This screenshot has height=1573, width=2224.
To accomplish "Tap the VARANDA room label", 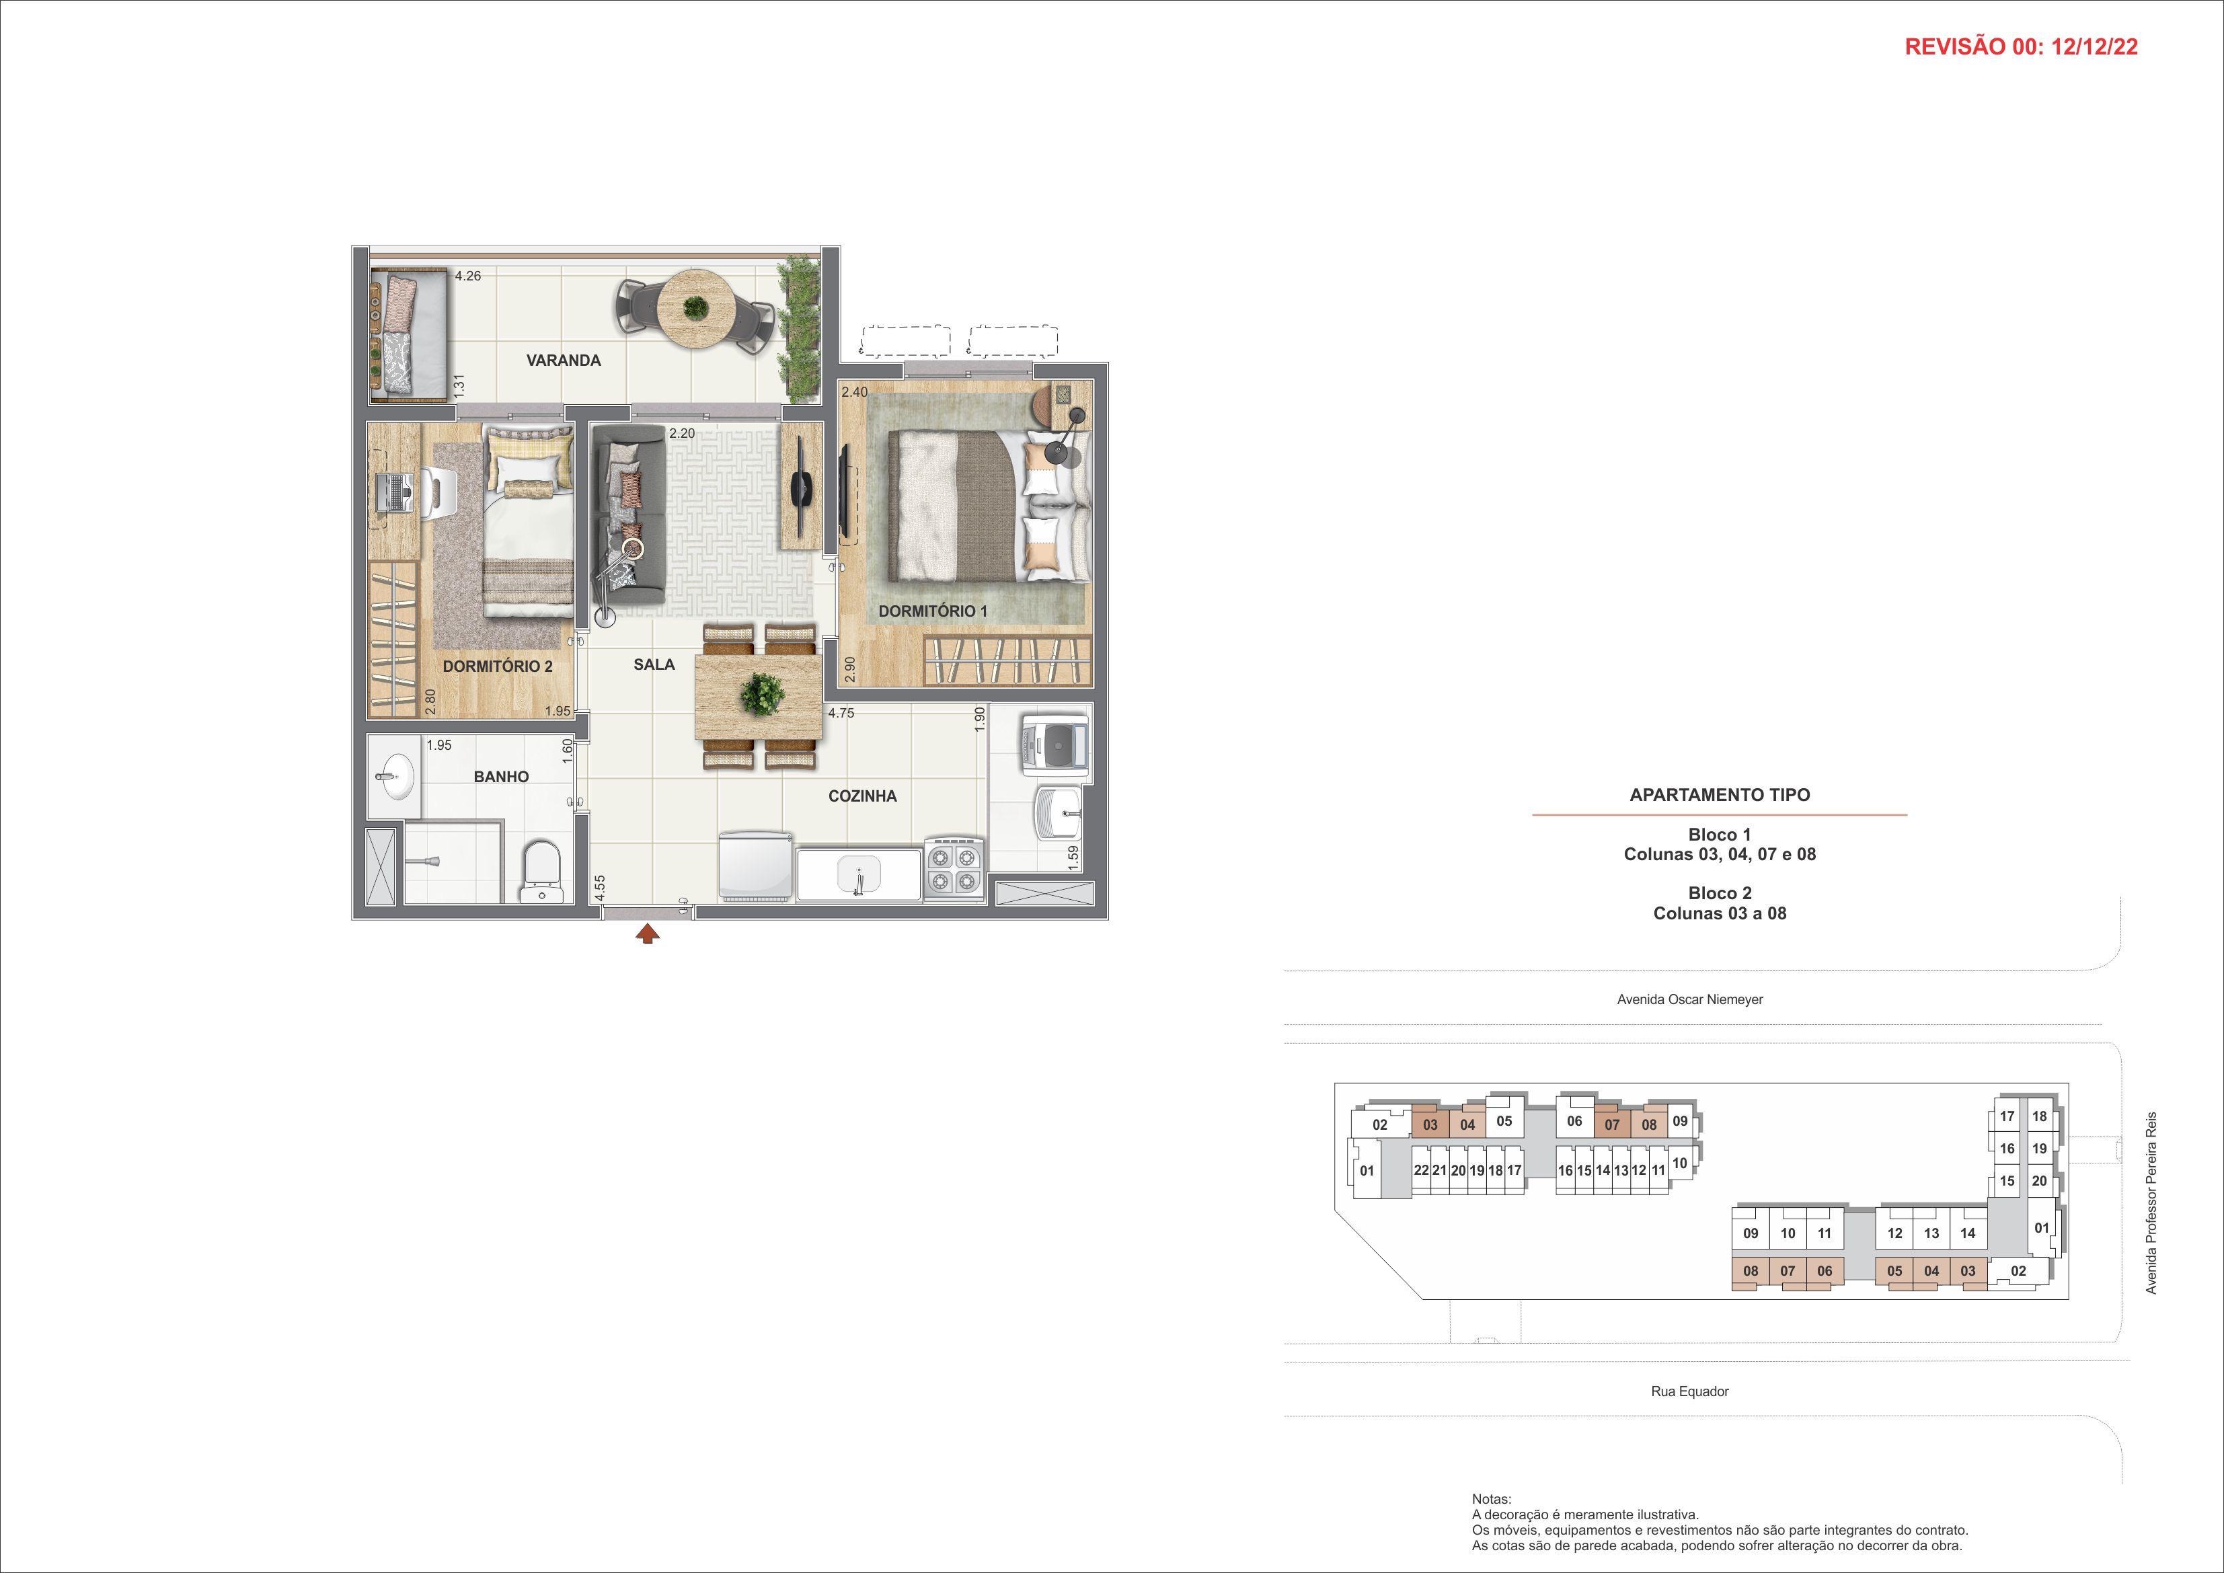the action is (564, 360).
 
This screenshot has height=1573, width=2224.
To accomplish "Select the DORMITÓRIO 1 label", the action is (933, 611).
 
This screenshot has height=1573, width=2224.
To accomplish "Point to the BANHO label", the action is (502, 777).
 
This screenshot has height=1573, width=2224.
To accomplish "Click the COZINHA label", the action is (862, 796).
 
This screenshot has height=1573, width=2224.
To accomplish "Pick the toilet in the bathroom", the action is (541, 873).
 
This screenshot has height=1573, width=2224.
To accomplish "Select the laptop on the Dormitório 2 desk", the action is (394, 493).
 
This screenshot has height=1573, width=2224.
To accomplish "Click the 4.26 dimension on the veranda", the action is (468, 276).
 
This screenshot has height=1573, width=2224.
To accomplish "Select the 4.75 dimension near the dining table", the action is (840, 713).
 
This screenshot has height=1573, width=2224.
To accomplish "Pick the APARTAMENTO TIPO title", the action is (1720, 795).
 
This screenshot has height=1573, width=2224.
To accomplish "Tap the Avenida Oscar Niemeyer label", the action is (1689, 999).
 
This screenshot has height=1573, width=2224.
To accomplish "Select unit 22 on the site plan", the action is (1421, 1170).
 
